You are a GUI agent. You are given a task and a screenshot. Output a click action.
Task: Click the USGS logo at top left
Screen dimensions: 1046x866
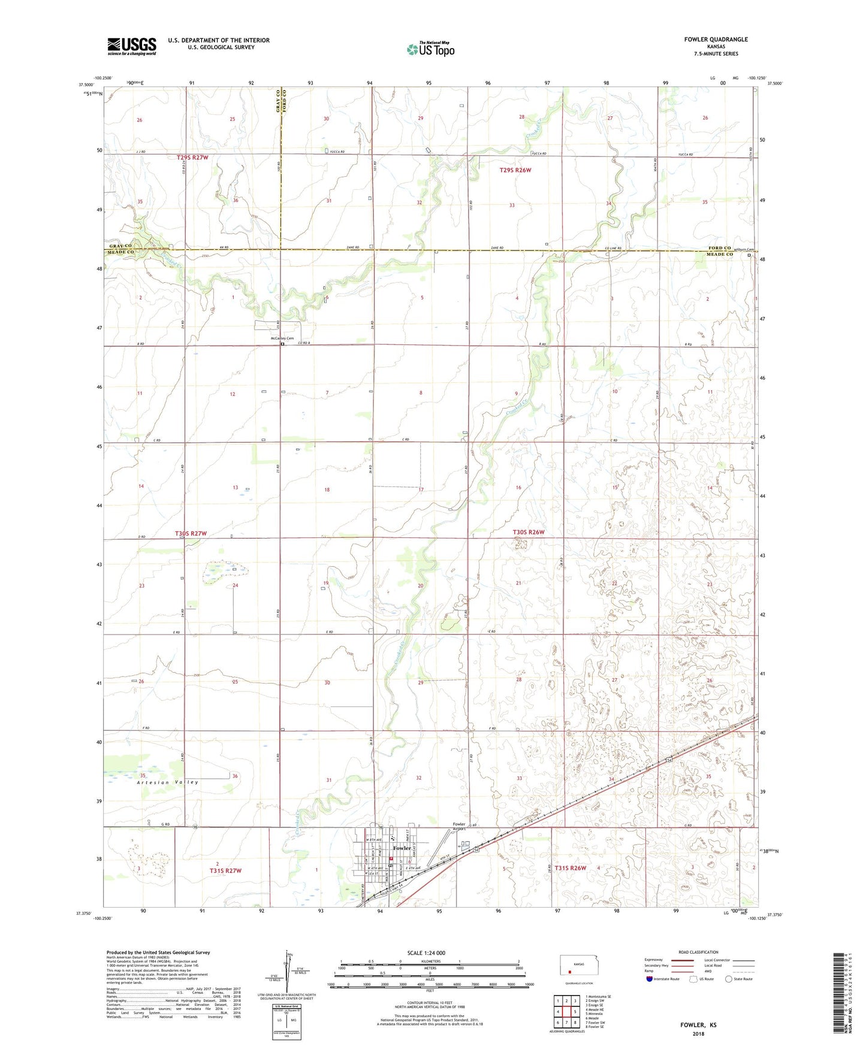[x=132, y=46]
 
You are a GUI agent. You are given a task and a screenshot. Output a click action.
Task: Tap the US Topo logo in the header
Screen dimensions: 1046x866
[x=430, y=49]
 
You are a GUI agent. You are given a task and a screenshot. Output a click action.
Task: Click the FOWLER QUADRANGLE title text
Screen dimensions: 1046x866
[x=716, y=40]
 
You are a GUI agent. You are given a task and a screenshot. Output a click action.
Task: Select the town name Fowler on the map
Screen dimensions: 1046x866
[x=402, y=848]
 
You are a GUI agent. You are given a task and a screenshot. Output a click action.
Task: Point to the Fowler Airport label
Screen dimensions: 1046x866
[x=458, y=827]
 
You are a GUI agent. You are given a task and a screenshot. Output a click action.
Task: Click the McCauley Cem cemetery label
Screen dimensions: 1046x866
[x=282, y=338]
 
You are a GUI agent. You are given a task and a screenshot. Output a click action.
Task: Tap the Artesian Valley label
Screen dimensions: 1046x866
[x=167, y=782]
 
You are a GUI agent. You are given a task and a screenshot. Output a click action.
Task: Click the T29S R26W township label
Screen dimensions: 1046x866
[x=515, y=170]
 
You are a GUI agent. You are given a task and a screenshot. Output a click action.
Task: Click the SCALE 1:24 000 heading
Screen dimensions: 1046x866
[x=426, y=953]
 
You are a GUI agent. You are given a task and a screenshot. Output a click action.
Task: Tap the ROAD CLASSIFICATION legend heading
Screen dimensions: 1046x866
[x=698, y=952]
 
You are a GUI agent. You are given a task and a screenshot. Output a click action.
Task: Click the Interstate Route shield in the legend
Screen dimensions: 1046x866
[x=650, y=979]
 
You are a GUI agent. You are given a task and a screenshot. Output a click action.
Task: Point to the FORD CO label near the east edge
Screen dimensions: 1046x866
[x=720, y=248]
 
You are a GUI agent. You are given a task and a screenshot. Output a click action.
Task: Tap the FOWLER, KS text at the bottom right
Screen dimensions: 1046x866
[x=698, y=1025]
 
